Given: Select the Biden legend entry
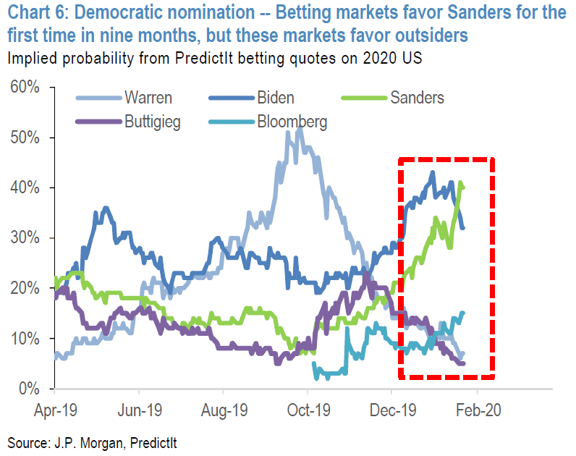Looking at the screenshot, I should click(x=275, y=97).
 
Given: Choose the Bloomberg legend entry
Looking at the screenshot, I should click(x=292, y=121).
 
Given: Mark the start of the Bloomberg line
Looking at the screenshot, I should click(x=313, y=364).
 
